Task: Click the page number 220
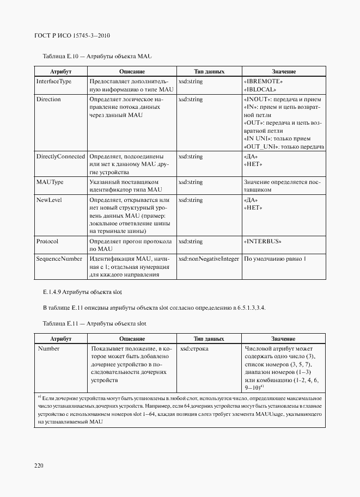coord(39,465)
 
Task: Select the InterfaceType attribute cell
coord(53,81)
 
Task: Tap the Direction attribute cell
coord(48,100)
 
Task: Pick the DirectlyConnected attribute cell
coord(60,156)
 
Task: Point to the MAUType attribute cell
coord(50,181)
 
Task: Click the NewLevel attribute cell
coord(49,200)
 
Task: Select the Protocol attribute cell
coord(47,241)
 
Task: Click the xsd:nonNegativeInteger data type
coord(209,259)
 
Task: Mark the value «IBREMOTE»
coord(265,81)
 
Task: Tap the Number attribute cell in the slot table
coord(48,348)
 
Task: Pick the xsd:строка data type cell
coord(194,348)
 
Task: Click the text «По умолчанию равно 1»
coord(275,259)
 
